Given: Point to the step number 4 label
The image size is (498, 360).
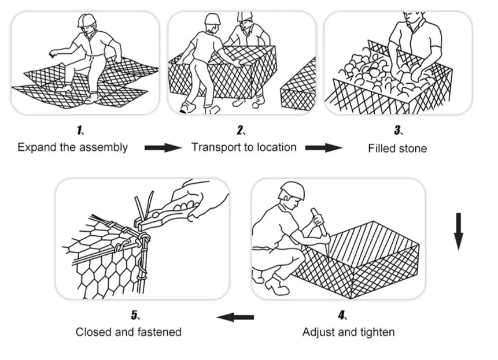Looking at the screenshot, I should [x=342, y=315].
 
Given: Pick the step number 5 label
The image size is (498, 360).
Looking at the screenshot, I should [x=134, y=315].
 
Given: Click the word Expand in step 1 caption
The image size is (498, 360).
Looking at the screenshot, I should [x=36, y=147].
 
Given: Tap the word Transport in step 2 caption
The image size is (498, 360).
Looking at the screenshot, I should [x=215, y=147].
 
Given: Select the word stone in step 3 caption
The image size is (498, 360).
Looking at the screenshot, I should [x=413, y=149].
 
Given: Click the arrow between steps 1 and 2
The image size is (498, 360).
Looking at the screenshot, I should [x=163, y=148].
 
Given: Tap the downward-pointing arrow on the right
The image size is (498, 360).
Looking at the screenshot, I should [x=458, y=231].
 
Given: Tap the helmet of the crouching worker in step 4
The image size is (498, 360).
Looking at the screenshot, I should [x=292, y=191].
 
